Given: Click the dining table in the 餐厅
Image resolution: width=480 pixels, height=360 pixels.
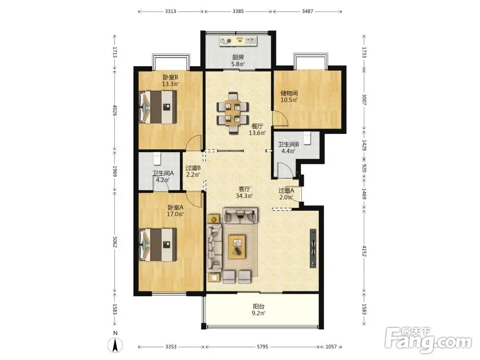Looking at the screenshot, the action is click(x=232, y=113).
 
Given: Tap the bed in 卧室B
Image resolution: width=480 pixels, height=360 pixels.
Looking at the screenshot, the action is click(x=158, y=107).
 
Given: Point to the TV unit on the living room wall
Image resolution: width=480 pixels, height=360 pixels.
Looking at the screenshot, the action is click(x=313, y=248).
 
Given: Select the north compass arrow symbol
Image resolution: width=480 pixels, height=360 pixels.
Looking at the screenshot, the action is click(x=115, y=345).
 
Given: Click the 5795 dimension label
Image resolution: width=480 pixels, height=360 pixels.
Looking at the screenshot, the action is click(x=263, y=347).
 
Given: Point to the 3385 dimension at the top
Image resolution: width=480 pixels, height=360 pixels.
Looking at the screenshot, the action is click(x=238, y=12).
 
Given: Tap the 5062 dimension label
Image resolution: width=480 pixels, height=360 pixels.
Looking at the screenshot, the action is click(x=115, y=242).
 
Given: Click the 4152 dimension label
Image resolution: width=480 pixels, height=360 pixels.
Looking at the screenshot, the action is click(x=364, y=251).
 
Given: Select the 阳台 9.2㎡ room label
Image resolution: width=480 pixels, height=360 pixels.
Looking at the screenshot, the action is click(x=259, y=309).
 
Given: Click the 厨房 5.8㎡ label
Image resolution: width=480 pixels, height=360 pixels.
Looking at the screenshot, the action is click(x=238, y=60).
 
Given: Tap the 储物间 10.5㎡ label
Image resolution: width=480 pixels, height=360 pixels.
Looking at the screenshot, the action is click(x=289, y=96).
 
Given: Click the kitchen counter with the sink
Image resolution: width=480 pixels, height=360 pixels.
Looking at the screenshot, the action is click(x=238, y=41).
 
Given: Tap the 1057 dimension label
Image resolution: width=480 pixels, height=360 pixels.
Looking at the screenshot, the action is click(x=331, y=347).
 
